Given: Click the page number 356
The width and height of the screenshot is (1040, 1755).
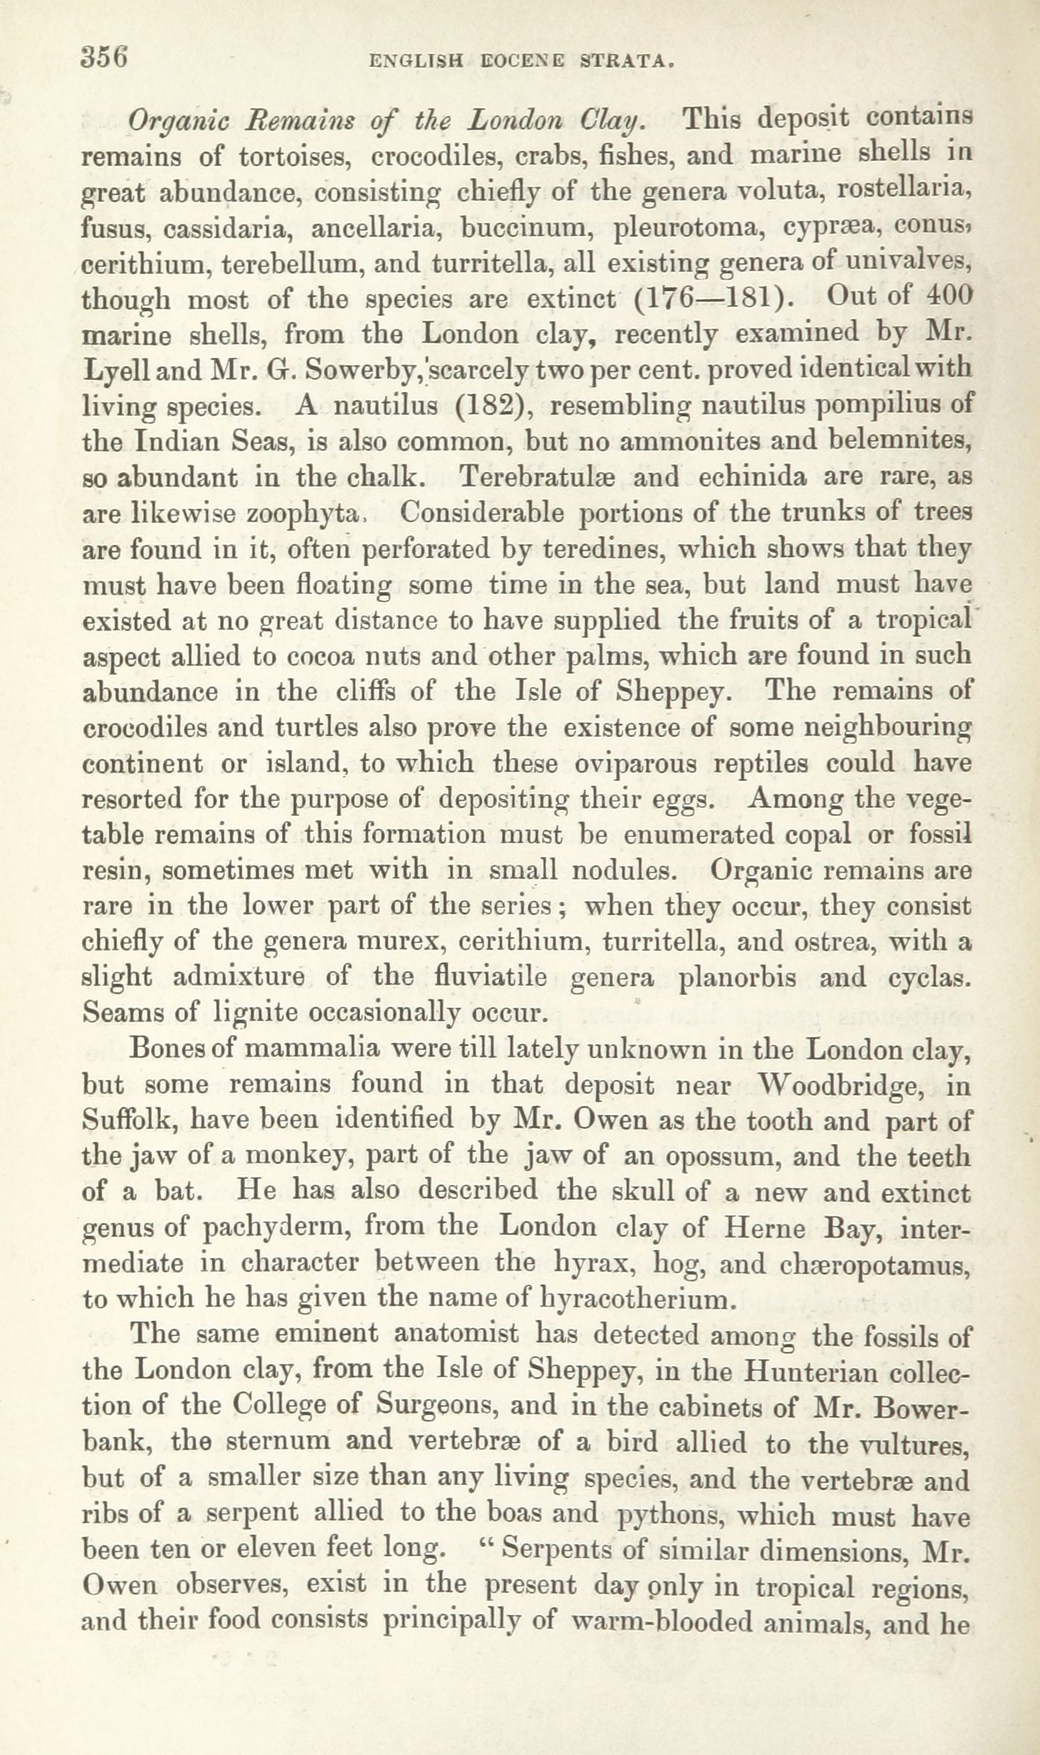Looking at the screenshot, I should tap(105, 57).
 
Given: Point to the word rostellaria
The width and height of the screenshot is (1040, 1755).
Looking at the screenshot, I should tap(903, 192).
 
